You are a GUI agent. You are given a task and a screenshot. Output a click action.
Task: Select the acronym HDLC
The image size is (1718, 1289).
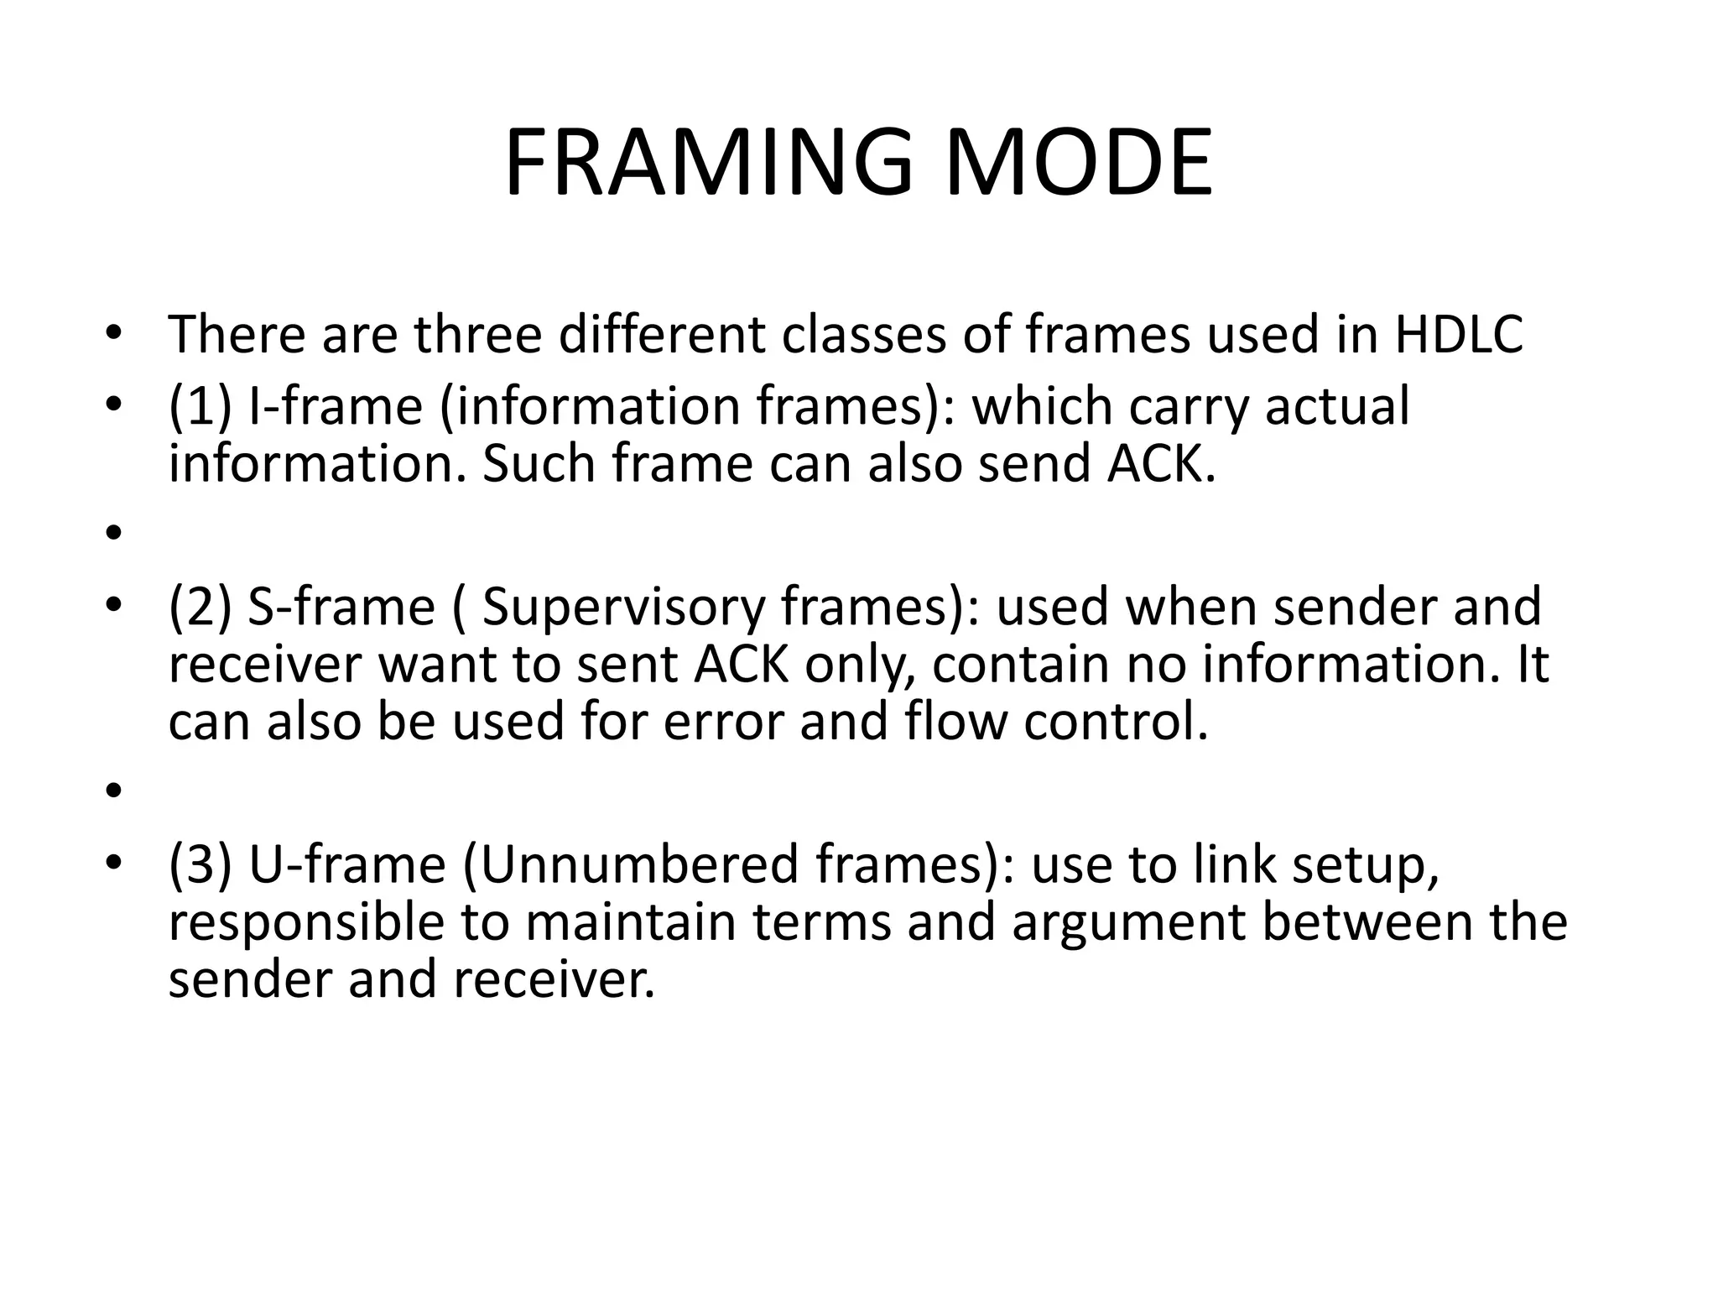[x=1459, y=334]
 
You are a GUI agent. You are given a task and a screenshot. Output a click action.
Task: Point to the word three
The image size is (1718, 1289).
[x=478, y=334]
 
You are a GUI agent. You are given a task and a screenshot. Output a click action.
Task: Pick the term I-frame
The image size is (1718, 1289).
[x=336, y=406]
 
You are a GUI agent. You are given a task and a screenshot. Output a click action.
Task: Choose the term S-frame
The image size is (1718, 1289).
[x=341, y=607]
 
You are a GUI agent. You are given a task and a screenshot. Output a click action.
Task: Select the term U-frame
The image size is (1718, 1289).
[x=346, y=865]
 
